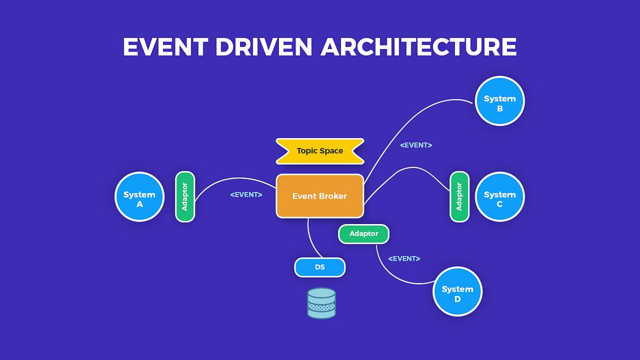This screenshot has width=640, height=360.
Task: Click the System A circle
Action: (x=139, y=197)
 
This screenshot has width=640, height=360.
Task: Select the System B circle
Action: (x=500, y=101)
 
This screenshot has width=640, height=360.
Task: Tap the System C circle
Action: (x=500, y=197)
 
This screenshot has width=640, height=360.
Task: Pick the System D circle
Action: (x=457, y=292)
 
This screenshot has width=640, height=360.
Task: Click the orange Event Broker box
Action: (x=319, y=196)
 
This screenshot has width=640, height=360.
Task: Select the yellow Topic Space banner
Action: (x=319, y=151)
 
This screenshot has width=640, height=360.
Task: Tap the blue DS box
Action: (x=319, y=267)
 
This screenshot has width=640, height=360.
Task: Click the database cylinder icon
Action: (x=322, y=303)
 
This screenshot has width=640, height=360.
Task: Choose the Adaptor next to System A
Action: (x=185, y=197)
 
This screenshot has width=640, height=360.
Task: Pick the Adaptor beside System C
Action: (x=459, y=197)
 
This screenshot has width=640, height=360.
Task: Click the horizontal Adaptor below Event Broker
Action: (x=364, y=234)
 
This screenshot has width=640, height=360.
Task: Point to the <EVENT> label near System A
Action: (x=246, y=195)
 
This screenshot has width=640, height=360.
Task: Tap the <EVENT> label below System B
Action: (x=416, y=145)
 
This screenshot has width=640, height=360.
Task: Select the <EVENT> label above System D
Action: (x=404, y=258)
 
